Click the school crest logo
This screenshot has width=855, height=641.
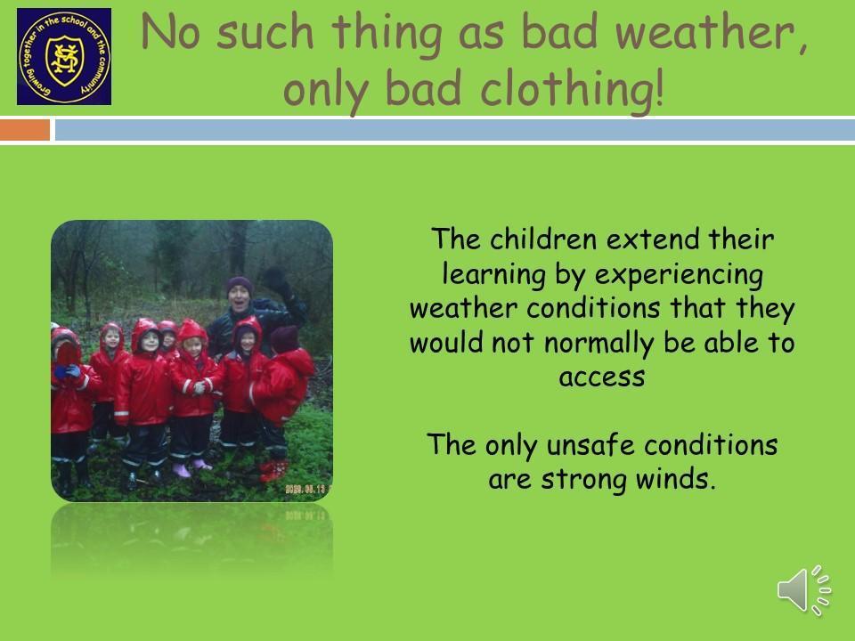click(x=64, y=56)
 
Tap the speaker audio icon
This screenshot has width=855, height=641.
click(x=803, y=589)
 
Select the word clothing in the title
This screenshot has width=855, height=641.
click(x=572, y=89)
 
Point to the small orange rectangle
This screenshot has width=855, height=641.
click(x=25, y=130)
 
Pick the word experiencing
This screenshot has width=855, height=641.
click(x=679, y=275)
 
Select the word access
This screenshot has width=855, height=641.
click(x=602, y=377)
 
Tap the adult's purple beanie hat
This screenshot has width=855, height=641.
click(x=240, y=284)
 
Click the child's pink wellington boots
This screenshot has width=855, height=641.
click(x=191, y=467)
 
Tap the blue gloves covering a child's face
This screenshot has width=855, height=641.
click(x=67, y=371)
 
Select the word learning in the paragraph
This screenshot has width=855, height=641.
click(x=493, y=275)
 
